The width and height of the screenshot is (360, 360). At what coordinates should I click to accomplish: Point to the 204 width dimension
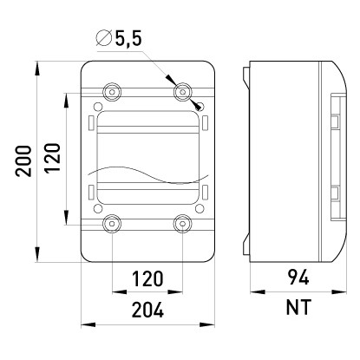(147, 310)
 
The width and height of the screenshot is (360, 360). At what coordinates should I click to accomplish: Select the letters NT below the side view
(295, 309)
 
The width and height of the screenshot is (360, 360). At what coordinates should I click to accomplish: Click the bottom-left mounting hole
(112, 225)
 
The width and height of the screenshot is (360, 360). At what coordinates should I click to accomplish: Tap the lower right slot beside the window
(204, 192)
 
